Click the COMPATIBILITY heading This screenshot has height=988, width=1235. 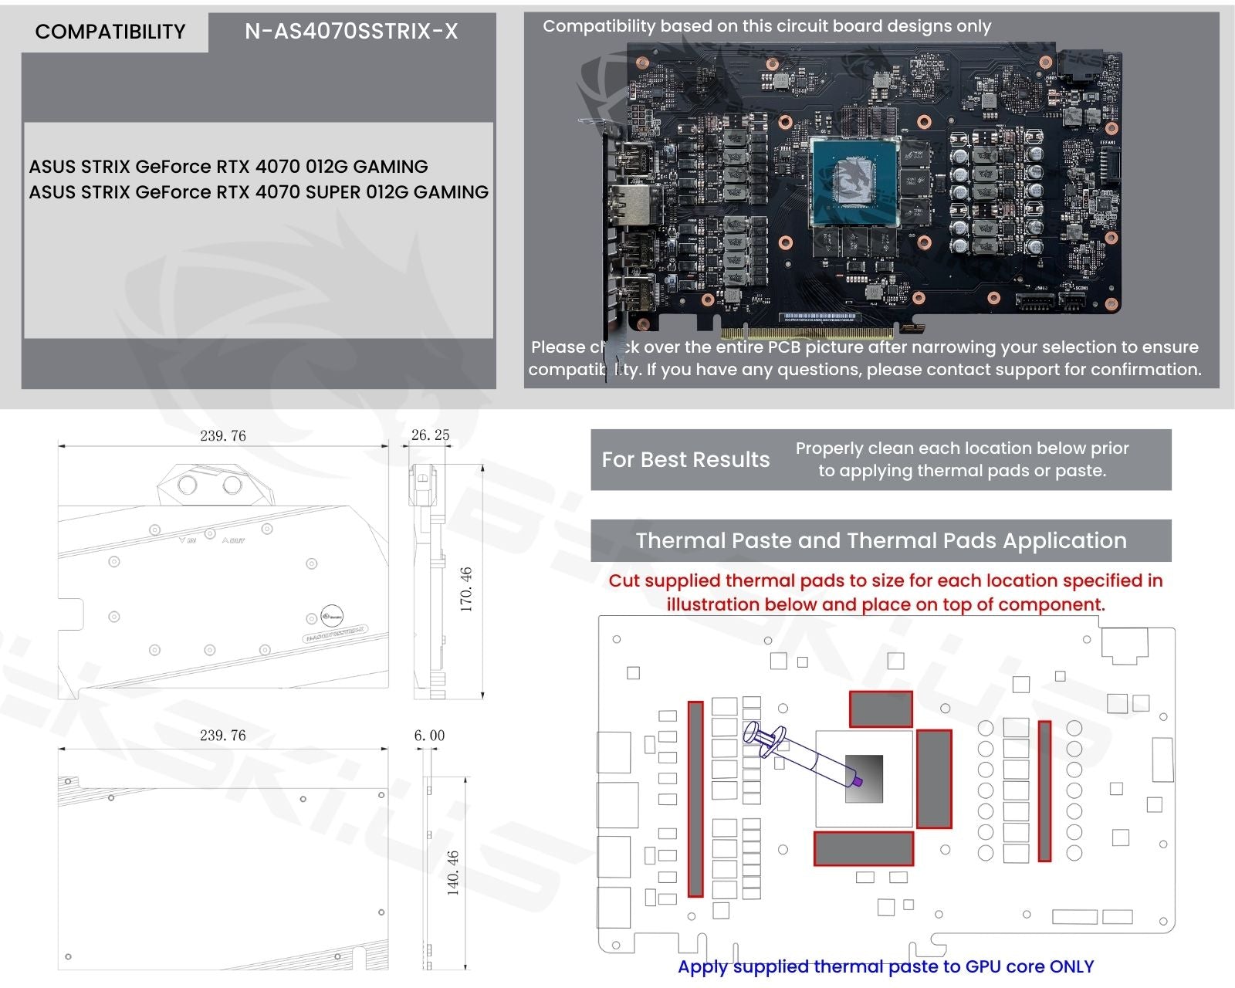[x=110, y=32]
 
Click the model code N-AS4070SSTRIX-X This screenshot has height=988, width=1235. [x=351, y=32]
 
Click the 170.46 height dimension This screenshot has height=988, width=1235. [x=466, y=589]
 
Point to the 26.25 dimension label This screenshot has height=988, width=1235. [x=430, y=435]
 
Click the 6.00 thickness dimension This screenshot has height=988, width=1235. [x=429, y=736]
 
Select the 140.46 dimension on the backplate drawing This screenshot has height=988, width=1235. [x=453, y=872]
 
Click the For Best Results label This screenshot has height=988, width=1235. [x=685, y=460]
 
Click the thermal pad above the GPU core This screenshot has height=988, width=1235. [x=881, y=709]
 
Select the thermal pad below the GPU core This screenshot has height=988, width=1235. [x=864, y=848]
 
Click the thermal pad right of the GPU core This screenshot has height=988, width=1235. [x=933, y=779]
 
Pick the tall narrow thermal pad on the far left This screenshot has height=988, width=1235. [x=695, y=799]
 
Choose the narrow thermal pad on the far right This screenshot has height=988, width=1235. [x=1044, y=790]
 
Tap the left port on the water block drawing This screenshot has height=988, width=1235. [x=188, y=485]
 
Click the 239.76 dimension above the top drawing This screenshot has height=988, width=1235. [x=223, y=436]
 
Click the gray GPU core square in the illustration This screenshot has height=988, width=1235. [x=864, y=778]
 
